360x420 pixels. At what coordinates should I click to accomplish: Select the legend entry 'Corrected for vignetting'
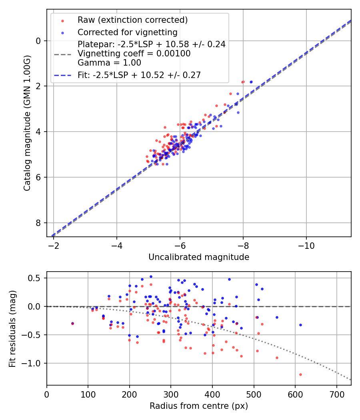pos(127,32)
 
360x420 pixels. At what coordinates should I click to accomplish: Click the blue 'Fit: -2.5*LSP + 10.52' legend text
pos(139,75)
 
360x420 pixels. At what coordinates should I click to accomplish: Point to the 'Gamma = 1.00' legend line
pos(109,62)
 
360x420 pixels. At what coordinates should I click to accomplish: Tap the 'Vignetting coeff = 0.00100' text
pos(134,54)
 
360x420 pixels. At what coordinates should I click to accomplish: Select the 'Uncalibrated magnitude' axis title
pos(199,257)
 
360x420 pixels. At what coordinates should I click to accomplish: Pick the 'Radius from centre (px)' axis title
pos(199,406)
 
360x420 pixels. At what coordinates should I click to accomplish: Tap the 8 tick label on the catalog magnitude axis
pos(38,223)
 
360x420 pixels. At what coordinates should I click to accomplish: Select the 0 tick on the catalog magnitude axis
pos(38,41)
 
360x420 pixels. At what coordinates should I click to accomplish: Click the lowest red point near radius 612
pos(300,374)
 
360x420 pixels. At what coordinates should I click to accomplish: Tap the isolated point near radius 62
pos(72,323)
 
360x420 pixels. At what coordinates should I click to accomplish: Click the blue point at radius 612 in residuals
pos(300,325)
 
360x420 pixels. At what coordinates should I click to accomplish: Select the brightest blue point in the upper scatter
pos(251,82)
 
